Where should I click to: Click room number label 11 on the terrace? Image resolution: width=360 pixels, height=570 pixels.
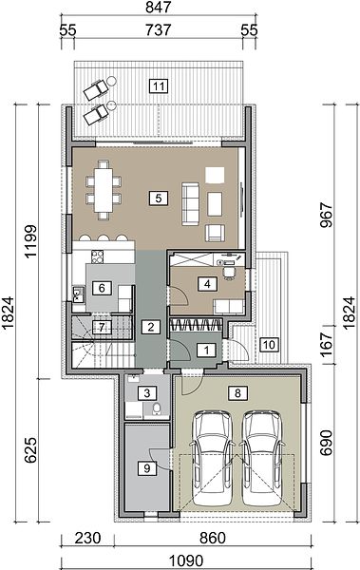(159, 86)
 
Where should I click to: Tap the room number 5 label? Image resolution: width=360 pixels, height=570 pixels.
(159, 199)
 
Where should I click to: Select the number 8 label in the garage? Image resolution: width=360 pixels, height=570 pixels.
(237, 393)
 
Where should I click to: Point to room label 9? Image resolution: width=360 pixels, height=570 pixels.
(147, 468)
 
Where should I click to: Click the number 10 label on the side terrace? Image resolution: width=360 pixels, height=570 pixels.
(269, 344)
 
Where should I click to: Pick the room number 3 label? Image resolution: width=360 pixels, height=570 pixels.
(147, 393)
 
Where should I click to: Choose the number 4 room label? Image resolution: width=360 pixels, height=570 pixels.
(207, 284)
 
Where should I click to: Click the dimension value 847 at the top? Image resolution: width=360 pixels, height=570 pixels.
(159, 7)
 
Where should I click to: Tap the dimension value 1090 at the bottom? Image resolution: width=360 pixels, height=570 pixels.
(185, 560)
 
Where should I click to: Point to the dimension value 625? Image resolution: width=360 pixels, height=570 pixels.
(31, 450)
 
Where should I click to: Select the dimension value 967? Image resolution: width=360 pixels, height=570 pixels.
(326, 216)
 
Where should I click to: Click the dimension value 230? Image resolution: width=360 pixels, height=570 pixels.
(87, 539)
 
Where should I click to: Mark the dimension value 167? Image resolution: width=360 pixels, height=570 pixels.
(327, 344)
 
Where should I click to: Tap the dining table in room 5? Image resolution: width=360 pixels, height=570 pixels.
(104, 190)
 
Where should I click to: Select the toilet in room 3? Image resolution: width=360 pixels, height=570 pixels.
(157, 409)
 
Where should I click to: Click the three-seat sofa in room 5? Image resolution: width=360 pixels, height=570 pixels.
(191, 204)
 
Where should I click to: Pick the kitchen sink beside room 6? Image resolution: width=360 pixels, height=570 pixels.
(79, 294)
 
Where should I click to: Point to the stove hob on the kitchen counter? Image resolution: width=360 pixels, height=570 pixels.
(98, 257)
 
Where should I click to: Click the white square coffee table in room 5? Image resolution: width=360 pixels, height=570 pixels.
(215, 175)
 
